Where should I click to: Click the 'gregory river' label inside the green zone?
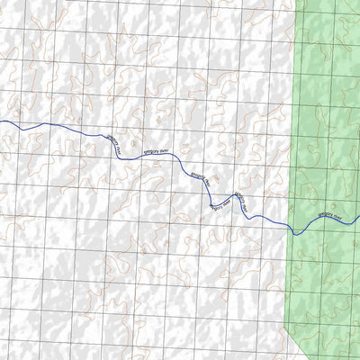click(330, 215)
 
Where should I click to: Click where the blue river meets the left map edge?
click(1, 122)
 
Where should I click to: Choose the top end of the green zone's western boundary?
click(296, 1)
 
